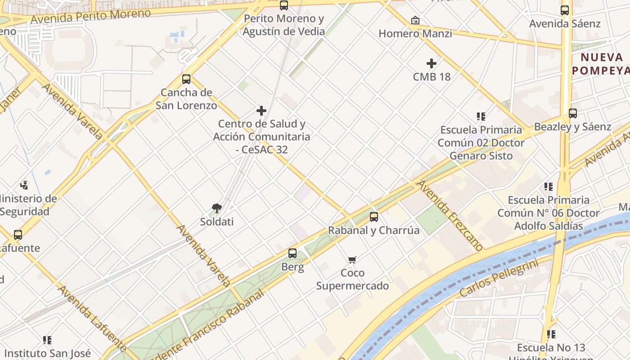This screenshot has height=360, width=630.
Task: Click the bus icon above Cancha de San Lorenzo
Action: pos(186,79)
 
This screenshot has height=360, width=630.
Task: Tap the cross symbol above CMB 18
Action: pos(432,63)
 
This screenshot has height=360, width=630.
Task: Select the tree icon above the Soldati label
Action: pos(217,208)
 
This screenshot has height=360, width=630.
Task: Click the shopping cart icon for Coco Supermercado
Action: pos(352,260)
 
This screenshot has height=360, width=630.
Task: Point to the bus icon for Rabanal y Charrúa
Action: pos(373,217)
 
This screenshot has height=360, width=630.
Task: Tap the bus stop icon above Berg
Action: pos(292,253)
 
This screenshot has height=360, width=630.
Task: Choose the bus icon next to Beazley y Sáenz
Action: pos(572,113)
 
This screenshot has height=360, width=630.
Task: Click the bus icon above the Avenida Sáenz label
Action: pos(565,10)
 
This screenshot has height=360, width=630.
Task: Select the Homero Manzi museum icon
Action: pos(415,20)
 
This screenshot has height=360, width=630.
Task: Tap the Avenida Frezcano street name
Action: pos(449,215)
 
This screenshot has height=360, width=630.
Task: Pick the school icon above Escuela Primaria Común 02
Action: pos(481,117)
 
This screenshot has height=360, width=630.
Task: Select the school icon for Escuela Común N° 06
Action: pos(548,186)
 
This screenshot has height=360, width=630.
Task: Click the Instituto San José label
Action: pos(47,353)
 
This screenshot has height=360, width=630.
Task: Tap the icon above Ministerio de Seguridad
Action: pos(24,185)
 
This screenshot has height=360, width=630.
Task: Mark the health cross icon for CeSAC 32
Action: pos(261,111)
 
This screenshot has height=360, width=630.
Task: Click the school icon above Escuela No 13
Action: pos(551,334)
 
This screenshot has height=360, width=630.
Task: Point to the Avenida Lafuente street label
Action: pos(92,318)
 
